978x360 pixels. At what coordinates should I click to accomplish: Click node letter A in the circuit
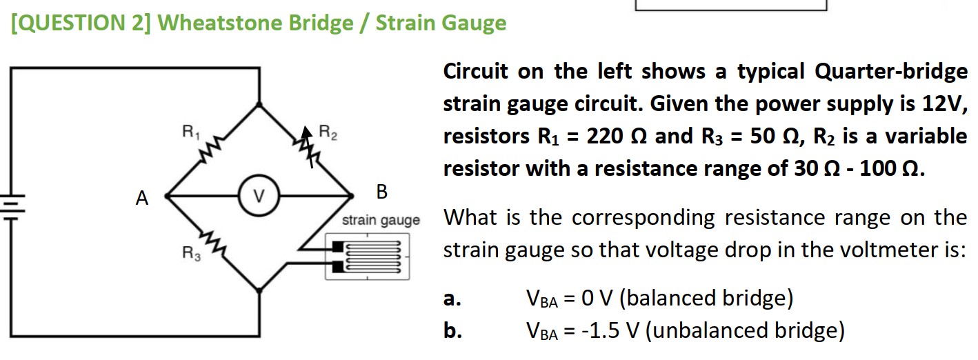pyautogui.click(x=142, y=199)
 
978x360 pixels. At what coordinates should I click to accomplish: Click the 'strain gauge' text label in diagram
pyautogui.click(x=381, y=221)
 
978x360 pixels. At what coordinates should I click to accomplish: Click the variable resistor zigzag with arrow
pyautogui.click(x=306, y=148)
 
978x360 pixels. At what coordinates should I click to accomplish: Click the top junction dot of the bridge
pyautogui.click(x=259, y=105)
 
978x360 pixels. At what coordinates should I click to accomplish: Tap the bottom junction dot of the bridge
pyautogui.click(x=259, y=290)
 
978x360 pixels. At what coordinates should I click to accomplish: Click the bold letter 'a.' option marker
pyautogui.click(x=452, y=299)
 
